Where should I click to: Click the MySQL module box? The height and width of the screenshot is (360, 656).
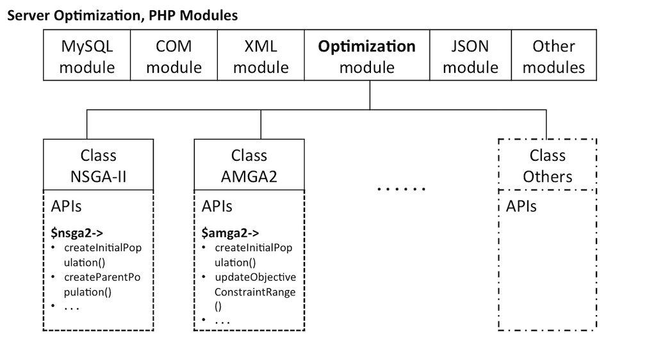87,55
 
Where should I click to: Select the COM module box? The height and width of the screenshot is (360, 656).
174,55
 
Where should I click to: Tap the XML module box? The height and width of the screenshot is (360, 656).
261,55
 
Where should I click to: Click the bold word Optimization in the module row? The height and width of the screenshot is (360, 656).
367,46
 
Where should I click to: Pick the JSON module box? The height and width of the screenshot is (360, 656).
471,55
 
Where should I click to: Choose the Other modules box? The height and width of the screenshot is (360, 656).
554,55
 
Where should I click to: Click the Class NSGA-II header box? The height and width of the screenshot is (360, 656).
98,165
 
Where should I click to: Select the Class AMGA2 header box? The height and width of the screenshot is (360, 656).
249,165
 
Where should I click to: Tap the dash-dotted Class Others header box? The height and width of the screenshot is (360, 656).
548,165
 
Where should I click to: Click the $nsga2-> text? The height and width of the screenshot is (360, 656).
77,233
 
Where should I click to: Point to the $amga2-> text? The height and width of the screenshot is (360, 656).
230,233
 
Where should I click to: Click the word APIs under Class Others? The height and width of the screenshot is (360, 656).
521,206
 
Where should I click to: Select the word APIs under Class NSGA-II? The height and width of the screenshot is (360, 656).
66,206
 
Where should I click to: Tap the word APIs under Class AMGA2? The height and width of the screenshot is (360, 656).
217,206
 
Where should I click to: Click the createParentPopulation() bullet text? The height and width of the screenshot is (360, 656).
102,284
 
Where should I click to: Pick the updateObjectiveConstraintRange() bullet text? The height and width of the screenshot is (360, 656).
255,291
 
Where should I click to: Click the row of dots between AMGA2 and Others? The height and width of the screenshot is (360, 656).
401,189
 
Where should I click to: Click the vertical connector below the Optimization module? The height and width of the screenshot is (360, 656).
370,95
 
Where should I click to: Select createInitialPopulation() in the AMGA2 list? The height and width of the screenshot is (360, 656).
254,255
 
